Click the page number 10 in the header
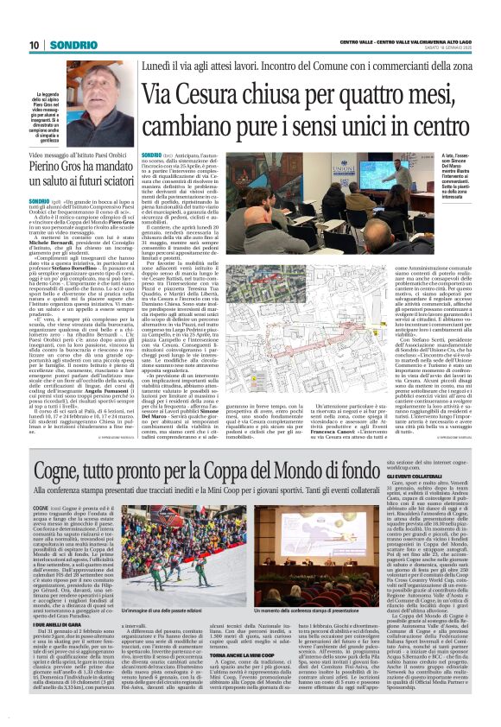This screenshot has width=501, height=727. click(34, 44)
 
